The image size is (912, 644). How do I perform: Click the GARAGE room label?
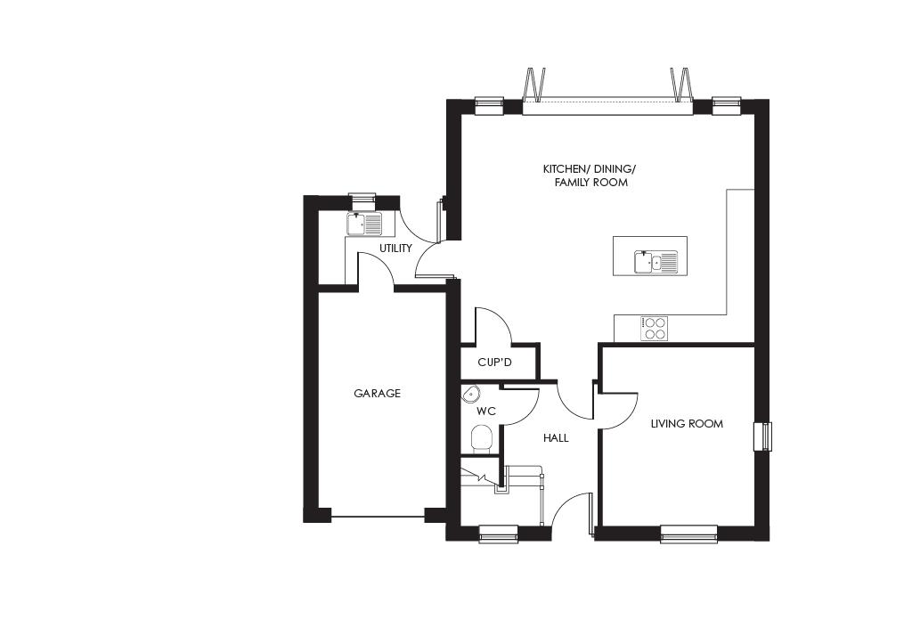pos(377,393)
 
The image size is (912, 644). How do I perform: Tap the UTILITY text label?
pos(395,249)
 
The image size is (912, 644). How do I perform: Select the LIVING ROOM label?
pos(686,424)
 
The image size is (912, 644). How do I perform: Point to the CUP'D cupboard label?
pos(495,363)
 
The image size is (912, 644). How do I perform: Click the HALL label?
pos(555,438)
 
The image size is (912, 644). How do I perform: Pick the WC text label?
pos(485,412)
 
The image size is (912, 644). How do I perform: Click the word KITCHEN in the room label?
pos(564,169)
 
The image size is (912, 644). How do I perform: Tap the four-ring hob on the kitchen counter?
pos(654,329)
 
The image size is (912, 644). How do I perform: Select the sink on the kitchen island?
pos(655,261)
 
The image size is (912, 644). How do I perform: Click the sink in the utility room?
pos(363,223)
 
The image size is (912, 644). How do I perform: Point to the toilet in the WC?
pos(481,438)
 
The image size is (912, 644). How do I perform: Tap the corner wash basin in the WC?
pos(470,394)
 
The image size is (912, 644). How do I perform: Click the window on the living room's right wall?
pos(762,436)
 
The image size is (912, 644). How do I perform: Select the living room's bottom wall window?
pos(688,534)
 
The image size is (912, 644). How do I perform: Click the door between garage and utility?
pos(376,269)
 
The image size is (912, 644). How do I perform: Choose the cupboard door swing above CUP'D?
pos(493,326)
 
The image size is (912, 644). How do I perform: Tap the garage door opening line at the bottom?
pos(377,516)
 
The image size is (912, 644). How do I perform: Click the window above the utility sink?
pos(362,200)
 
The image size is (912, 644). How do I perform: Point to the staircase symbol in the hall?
pos(503,479)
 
